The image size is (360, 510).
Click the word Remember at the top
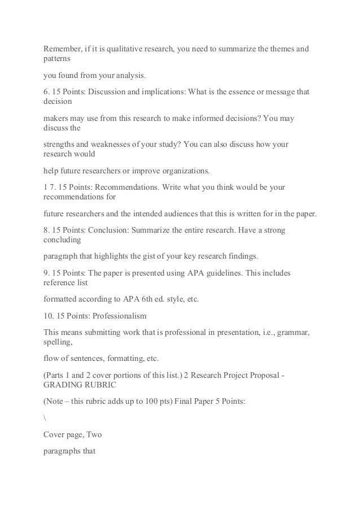(64, 49)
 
